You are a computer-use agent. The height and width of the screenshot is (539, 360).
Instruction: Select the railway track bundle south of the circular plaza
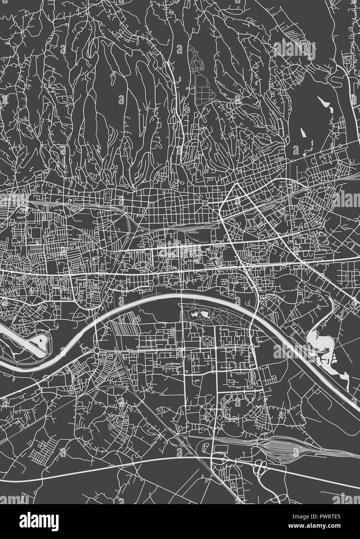[x=186, y=227]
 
